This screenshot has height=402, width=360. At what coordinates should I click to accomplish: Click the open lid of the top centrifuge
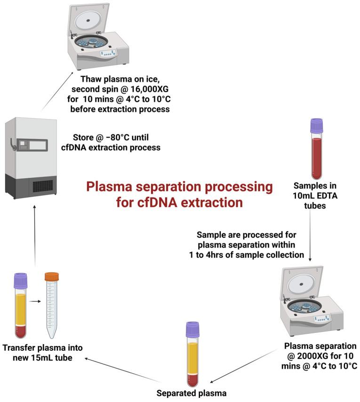[94, 19]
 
